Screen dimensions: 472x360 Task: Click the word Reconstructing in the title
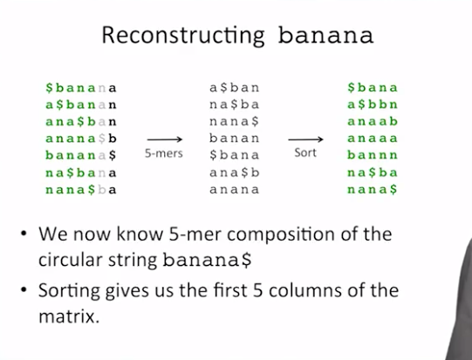click(x=183, y=36)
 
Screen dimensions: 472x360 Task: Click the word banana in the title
click(x=325, y=36)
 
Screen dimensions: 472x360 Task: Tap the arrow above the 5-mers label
click(x=165, y=139)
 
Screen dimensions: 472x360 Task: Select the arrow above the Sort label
click(x=305, y=139)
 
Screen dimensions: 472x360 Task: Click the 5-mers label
click(x=164, y=153)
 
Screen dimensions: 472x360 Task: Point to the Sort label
click(x=305, y=153)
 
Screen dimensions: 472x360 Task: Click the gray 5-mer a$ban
click(x=234, y=88)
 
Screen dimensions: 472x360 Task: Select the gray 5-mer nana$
click(x=234, y=121)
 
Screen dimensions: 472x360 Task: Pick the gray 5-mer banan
click(x=234, y=139)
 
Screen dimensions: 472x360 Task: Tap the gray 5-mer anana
click(x=234, y=189)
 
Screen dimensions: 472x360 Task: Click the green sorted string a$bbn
click(x=373, y=105)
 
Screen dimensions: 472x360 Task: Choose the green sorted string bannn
click(x=373, y=155)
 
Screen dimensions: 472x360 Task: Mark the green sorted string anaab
click(x=373, y=121)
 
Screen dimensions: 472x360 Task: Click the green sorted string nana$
click(x=373, y=189)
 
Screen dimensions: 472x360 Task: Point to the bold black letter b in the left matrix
click(x=113, y=139)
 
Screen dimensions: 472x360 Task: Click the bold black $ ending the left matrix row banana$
click(x=113, y=155)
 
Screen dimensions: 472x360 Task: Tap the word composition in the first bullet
click(x=281, y=234)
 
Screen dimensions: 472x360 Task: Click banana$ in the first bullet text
click(x=207, y=260)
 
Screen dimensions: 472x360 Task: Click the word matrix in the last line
click(x=69, y=316)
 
